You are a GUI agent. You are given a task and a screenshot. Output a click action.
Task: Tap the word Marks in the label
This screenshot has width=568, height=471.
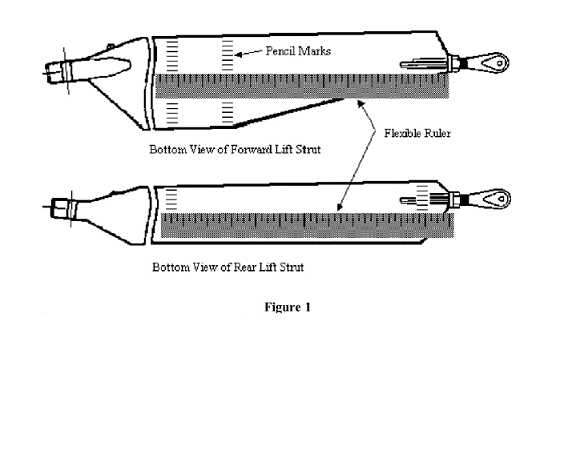click(x=314, y=51)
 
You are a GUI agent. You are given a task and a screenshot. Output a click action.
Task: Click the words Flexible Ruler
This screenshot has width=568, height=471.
click(x=417, y=133)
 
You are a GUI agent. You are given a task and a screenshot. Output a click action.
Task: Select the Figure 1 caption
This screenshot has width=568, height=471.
click(x=288, y=307)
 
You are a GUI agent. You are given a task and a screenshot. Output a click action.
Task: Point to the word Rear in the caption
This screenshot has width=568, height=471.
click(x=245, y=267)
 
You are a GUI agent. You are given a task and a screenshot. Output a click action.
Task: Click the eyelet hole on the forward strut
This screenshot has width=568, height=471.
click(x=500, y=63)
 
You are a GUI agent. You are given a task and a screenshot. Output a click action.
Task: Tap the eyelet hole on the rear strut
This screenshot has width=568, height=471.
click(x=501, y=199)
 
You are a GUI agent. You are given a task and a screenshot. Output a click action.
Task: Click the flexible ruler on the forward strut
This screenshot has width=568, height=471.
click(x=302, y=86)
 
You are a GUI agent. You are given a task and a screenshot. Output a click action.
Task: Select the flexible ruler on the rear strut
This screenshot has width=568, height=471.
click(x=307, y=225)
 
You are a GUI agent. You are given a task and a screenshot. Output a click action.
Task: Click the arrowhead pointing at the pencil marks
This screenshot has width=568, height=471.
click(x=238, y=55)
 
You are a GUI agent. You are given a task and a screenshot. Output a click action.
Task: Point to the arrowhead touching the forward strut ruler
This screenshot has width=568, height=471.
click(x=361, y=104)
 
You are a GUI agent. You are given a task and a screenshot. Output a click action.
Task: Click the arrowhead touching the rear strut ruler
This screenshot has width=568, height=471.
click(x=339, y=207)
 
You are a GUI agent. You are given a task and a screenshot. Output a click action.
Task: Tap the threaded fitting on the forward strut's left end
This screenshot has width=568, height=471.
click(x=59, y=72)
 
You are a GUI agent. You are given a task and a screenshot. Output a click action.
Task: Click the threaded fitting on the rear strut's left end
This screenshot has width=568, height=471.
click(x=64, y=208)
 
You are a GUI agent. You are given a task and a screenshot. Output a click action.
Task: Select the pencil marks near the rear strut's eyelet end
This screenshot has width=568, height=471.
click(x=422, y=198)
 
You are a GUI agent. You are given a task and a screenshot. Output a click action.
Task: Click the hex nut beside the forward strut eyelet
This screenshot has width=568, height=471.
click(x=453, y=64)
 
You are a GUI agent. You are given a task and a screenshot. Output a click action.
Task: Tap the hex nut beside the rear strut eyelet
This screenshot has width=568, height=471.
click(x=454, y=200)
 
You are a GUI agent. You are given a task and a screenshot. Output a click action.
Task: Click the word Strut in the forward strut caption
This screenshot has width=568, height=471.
click(x=308, y=150)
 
